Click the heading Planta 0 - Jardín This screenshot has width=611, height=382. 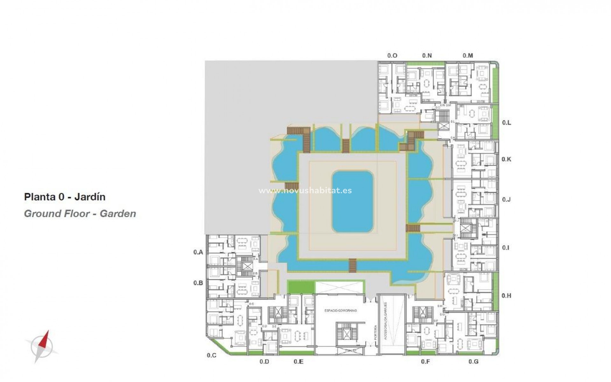coord(65,197)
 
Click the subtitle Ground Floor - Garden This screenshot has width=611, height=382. coord(80,213)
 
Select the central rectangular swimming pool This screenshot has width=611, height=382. coord(353,202)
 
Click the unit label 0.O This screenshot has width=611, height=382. coord(392,55)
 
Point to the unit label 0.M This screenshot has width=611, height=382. coord(467,55)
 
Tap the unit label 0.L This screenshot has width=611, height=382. coord(506,123)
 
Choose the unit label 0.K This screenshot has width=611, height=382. coord(506,159)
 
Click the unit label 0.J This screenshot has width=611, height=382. coord(506,200)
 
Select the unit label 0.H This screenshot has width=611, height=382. coord(506,296)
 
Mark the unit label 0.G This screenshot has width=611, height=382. coord(473,362)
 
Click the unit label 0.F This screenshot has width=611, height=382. coord(425,362)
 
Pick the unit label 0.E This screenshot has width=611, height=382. coord(298,362)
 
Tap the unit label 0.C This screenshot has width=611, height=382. coord(211,355)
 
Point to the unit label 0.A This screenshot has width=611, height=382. coord(198,252)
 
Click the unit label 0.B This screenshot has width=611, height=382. coord(198,283)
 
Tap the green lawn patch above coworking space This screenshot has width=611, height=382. coord(300,287)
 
